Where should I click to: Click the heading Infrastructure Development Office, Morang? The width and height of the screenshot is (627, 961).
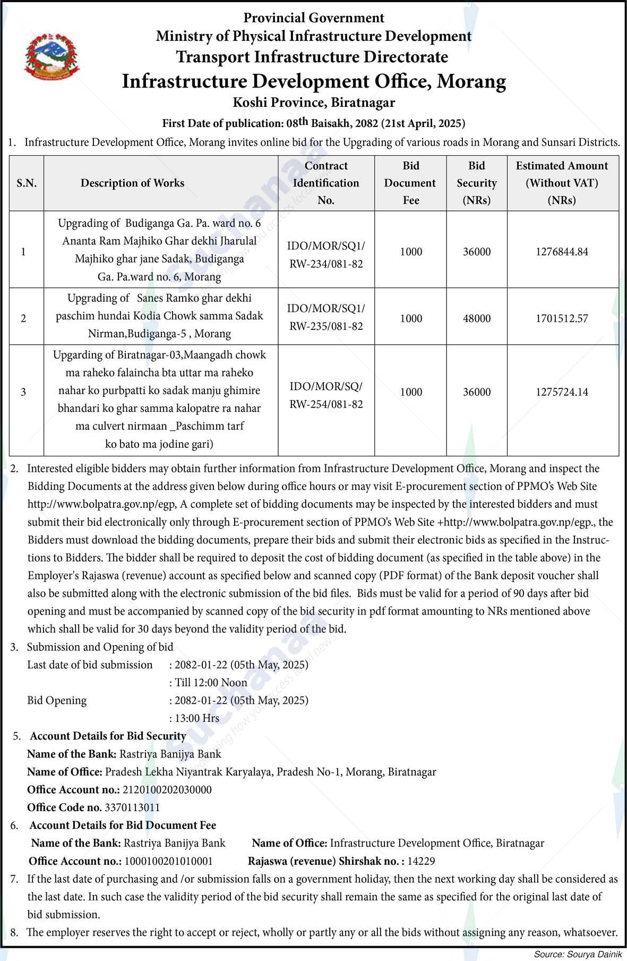point(314,81)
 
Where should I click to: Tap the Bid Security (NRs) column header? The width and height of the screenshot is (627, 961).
point(476,183)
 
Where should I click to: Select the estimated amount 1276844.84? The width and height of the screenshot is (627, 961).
point(562,252)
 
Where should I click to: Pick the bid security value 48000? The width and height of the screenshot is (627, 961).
point(476,319)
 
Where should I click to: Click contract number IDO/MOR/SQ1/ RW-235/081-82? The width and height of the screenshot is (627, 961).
point(326,317)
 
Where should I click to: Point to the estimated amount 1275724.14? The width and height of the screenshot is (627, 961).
point(562,392)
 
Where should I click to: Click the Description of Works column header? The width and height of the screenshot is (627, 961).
point(132,183)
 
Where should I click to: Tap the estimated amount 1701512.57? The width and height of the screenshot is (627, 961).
point(562,319)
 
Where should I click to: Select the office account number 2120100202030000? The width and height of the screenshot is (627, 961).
point(167,789)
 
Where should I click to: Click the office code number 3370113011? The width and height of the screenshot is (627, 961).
point(132,807)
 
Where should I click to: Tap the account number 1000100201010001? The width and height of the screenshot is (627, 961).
point(168,861)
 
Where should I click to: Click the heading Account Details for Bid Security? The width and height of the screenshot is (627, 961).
point(108,736)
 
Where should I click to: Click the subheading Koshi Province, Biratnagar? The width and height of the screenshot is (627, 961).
point(314,102)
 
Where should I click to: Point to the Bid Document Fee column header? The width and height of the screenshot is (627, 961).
point(410,183)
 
